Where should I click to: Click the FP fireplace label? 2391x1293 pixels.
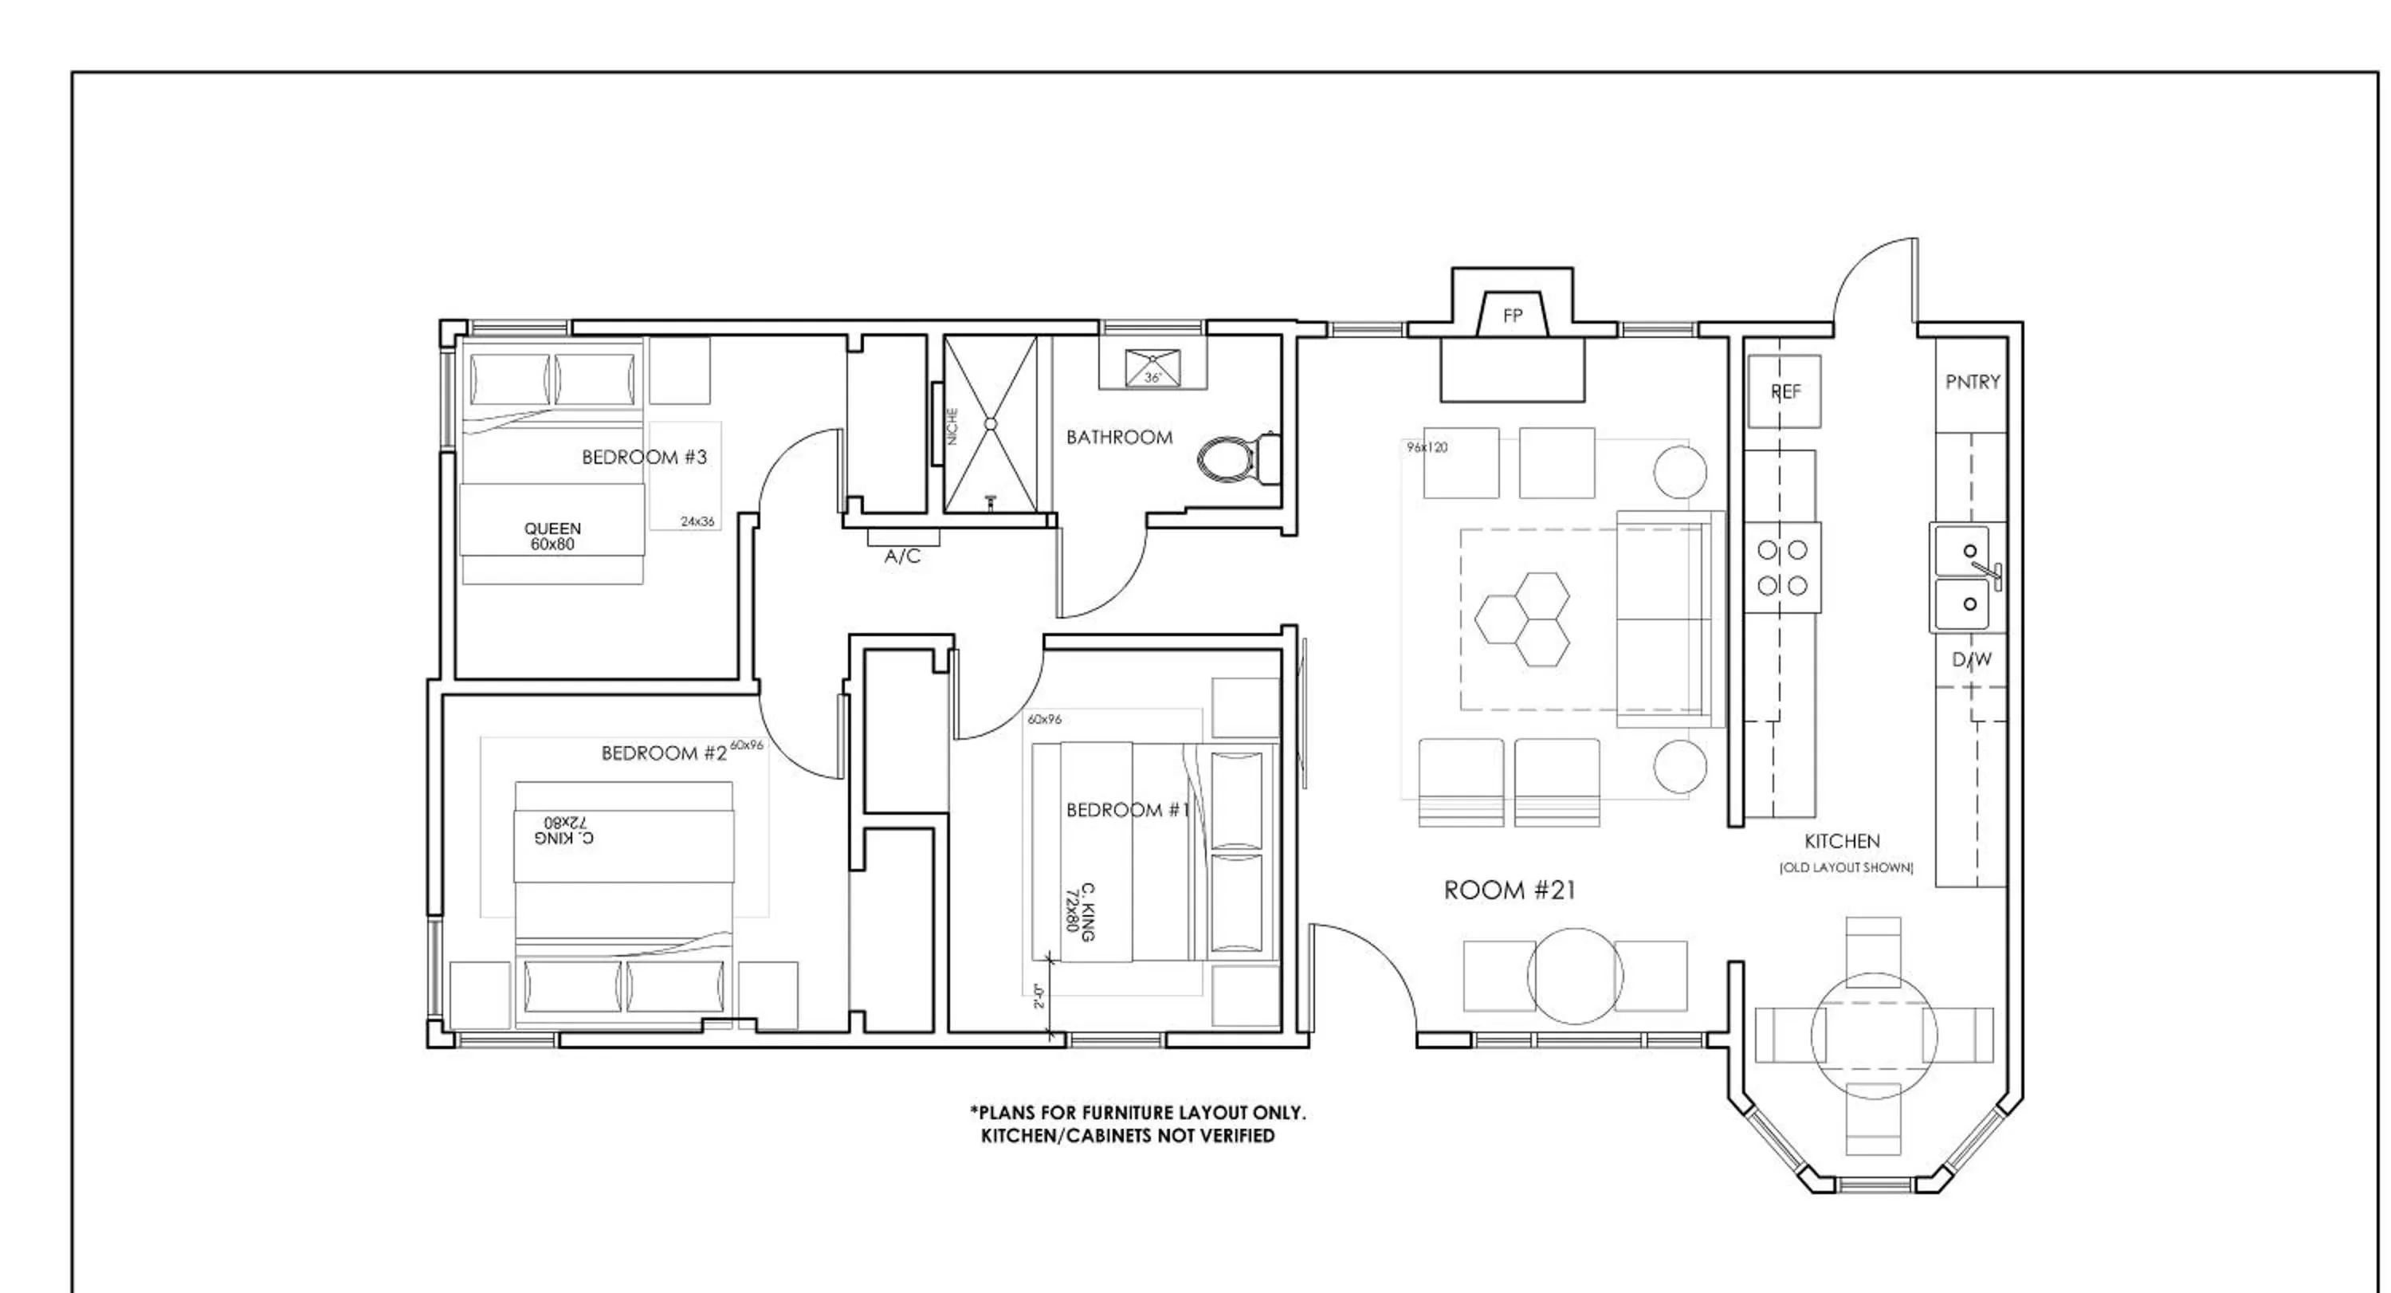[x=1512, y=316]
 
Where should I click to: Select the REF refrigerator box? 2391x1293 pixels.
[x=1784, y=391]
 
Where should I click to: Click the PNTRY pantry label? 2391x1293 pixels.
[x=1973, y=383]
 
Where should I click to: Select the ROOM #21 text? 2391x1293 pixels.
[x=1510, y=890]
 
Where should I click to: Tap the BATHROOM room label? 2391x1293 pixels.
[x=1118, y=437]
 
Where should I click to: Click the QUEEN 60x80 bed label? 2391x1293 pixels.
[x=552, y=536]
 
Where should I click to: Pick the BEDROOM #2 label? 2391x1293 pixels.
[x=664, y=753]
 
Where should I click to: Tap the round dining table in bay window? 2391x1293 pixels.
[x=1874, y=1036]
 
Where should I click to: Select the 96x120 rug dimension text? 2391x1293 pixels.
[x=1427, y=447]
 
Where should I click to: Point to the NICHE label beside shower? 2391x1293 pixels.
[x=952, y=427]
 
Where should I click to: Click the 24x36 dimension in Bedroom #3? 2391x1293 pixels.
[x=697, y=521]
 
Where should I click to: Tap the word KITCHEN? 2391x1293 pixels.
[x=1842, y=842]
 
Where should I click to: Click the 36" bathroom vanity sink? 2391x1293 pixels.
[x=1152, y=367]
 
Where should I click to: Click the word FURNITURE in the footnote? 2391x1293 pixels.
[x=1126, y=1113]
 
